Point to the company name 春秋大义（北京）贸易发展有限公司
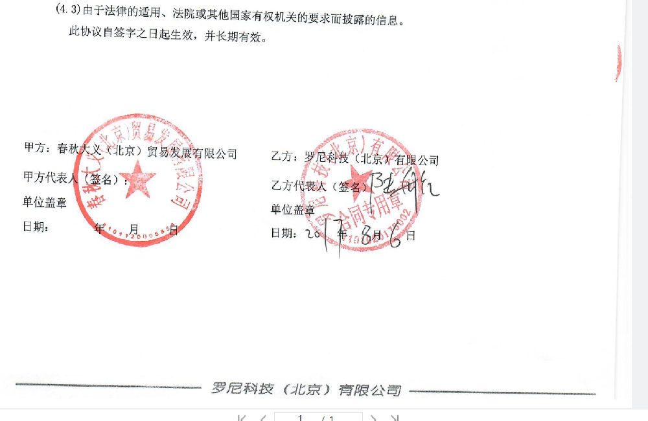pyautogui.click(x=147, y=153)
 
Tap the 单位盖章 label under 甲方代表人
pyautogui.click(x=45, y=203)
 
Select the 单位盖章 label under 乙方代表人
pyautogui.click(x=293, y=209)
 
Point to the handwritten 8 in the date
pyautogui.click(x=368, y=234)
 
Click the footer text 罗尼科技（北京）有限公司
pyautogui.click(x=306, y=389)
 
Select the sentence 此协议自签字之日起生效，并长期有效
pyautogui.click(x=168, y=36)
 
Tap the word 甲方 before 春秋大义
pyautogui.click(x=34, y=148)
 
